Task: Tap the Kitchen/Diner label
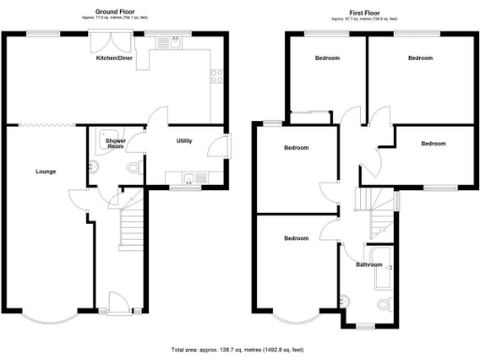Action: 115,56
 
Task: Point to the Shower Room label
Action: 115,144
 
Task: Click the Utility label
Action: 185,141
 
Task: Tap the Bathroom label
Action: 368,264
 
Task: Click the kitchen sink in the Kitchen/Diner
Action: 174,41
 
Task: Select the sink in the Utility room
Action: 187,179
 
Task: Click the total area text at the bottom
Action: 239,348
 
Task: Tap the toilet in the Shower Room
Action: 130,170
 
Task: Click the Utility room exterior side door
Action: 221,147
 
